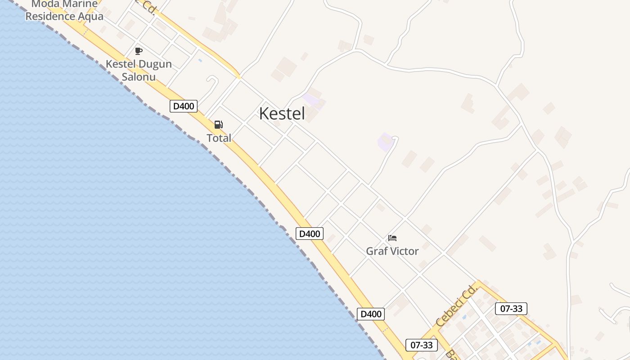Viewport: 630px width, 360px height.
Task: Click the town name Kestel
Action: coord(282,113)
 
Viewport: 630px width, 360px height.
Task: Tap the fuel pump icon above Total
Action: coord(218,125)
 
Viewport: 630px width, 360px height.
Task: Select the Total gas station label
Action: coord(219,138)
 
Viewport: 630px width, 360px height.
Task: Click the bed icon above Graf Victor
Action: coord(392,238)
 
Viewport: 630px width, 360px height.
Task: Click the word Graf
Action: coord(377,251)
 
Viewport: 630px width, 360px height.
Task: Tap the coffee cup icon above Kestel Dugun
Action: coord(139,51)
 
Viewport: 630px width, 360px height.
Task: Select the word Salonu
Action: coord(139,77)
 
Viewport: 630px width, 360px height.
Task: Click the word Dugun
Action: coord(155,64)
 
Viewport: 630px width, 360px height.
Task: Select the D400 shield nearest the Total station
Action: coord(184,106)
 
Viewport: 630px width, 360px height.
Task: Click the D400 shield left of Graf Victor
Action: coord(310,234)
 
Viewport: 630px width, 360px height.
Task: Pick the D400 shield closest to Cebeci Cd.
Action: coord(371,314)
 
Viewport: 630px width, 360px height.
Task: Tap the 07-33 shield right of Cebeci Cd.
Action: coord(511,309)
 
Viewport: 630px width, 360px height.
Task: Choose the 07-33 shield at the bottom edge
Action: coord(422,345)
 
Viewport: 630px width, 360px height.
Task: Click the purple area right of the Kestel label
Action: coord(314,101)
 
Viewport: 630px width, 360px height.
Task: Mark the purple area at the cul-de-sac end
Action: coord(385,142)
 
